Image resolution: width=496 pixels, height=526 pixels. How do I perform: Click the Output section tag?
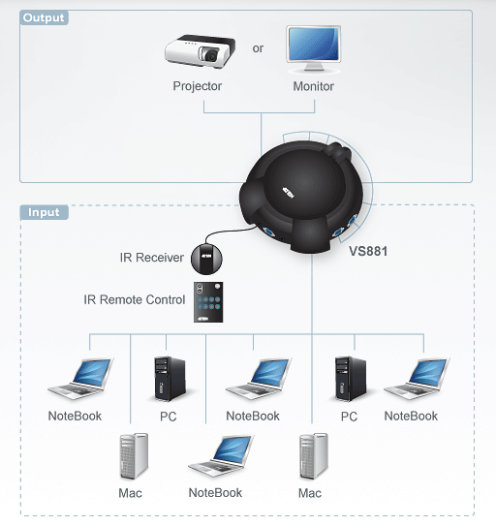pyautogui.click(x=44, y=17)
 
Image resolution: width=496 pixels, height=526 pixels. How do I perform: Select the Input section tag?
pyautogui.click(x=44, y=212)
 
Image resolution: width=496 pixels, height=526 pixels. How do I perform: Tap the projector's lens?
pyautogui.click(x=211, y=55)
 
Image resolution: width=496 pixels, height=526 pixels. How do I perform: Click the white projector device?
pyautogui.click(x=200, y=50)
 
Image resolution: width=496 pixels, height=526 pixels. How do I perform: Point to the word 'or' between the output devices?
pyautogui.click(x=258, y=48)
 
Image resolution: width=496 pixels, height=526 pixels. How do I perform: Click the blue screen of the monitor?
pyautogui.click(x=314, y=44)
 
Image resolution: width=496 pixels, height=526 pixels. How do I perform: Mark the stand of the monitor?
pyautogui.click(x=314, y=68)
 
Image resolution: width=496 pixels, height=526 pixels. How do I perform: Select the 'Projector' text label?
pyautogui.click(x=198, y=86)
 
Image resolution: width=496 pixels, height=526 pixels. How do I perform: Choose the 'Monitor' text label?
pyautogui.click(x=314, y=86)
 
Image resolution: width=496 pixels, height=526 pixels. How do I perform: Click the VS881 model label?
pyautogui.click(x=368, y=251)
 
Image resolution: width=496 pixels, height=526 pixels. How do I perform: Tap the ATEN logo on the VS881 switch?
pyautogui.click(x=289, y=193)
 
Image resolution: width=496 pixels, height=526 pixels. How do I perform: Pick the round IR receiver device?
pyautogui.click(x=206, y=259)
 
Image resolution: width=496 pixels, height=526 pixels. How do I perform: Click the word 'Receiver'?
pyautogui.click(x=160, y=258)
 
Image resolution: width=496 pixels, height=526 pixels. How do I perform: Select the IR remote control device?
pyautogui.click(x=208, y=302)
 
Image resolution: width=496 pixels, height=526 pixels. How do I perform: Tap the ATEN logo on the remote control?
pyautogui.click(x=203, y=318)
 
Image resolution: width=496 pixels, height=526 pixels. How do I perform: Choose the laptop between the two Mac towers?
pyautogui.click(x=221, y=456)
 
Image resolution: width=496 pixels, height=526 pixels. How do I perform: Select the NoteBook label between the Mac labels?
pyautogui.click(x=215, y=493)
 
